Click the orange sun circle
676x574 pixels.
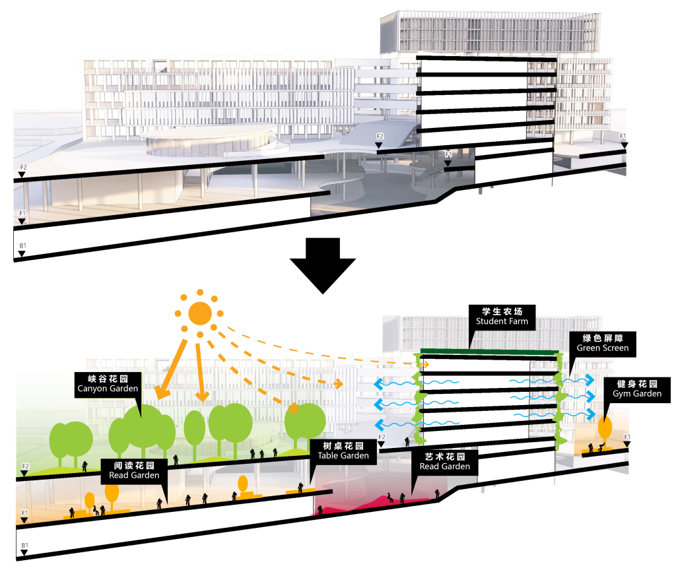pos(199,313)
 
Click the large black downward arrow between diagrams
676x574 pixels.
pos(322,265)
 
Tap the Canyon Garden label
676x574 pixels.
pos(108,388)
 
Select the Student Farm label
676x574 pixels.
pos(502,321)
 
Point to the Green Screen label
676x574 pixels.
pos(603,348)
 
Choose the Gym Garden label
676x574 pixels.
pos(637,393)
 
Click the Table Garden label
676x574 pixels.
pos(343,455)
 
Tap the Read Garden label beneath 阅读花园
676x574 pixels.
pos(134,475)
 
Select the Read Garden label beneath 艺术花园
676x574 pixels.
pos(445,466)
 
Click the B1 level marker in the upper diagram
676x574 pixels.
pos(22,249)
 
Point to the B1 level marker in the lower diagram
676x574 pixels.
pos(24,549)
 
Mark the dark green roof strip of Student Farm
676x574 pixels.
pos(489,352)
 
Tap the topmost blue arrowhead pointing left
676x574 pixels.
pos(378,384)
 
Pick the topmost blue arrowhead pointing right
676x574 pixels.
pos(590,379)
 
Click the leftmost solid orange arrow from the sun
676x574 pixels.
pos(171,369)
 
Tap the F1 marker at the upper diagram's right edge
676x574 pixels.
pos(623,141)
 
